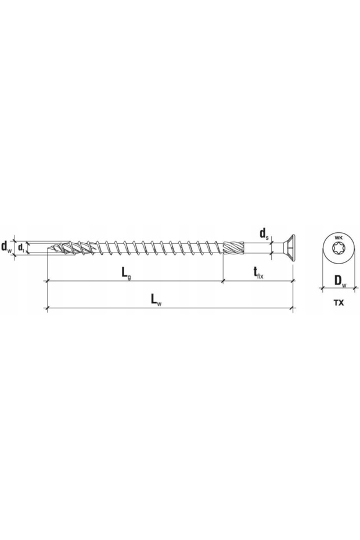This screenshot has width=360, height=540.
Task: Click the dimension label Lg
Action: click(x=125, y=272)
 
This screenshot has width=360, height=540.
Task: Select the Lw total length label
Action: click(x=154, y=299)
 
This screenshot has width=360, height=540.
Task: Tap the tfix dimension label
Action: click(x=258, y=272)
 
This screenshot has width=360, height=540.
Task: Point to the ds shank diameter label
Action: click(x=264, y=235)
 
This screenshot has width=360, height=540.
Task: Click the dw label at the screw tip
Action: click(x=6, y=247)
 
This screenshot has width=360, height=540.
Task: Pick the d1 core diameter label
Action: click(x=21, y=248)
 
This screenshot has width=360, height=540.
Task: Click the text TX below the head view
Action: click(x=340, y=302)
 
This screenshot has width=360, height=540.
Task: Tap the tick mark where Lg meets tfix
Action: click(x=224, y=280)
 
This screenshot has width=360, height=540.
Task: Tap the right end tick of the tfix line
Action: click(x=293, y=280)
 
